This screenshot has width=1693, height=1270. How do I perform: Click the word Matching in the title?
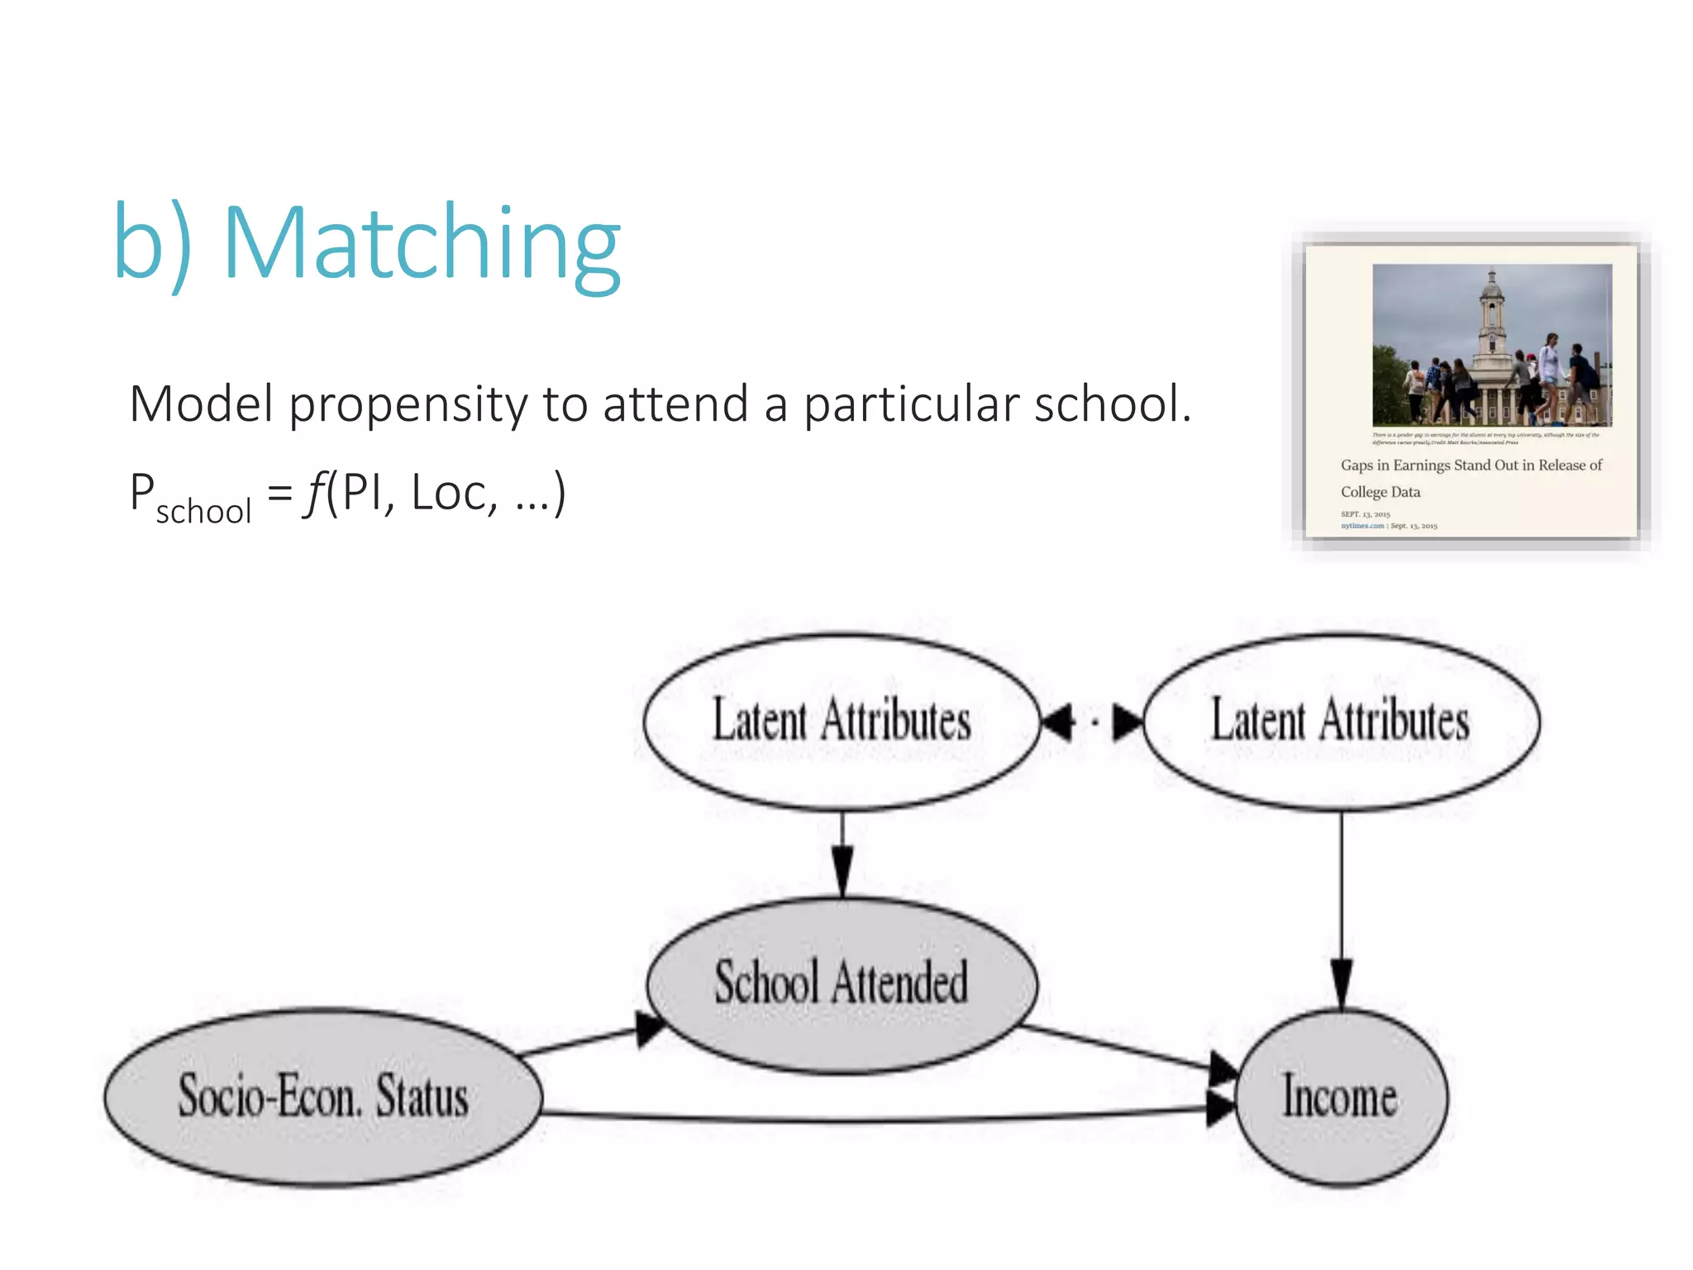click(x=422, y=244)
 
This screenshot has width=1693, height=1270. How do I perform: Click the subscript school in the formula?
click(x=203, y=512)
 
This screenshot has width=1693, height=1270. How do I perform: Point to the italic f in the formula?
click(x=314, y=493)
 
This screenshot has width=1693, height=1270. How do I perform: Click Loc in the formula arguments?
click(x=448, y=494)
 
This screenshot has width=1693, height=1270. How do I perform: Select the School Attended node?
click(x=842, y=984)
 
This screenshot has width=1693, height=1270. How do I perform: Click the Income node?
click(x=1340, y=1097)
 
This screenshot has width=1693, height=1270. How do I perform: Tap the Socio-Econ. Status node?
click(x=323, y=1097)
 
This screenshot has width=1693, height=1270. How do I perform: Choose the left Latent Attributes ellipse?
click(x=842, y=721)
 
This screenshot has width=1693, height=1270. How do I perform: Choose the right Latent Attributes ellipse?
click(x=1340, y=721)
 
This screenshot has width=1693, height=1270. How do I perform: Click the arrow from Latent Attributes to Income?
click(x=1341, y=910)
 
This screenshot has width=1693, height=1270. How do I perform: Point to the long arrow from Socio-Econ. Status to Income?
click(x=876, y=1120)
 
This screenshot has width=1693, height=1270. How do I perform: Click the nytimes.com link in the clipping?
click(x=1362, y=526)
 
